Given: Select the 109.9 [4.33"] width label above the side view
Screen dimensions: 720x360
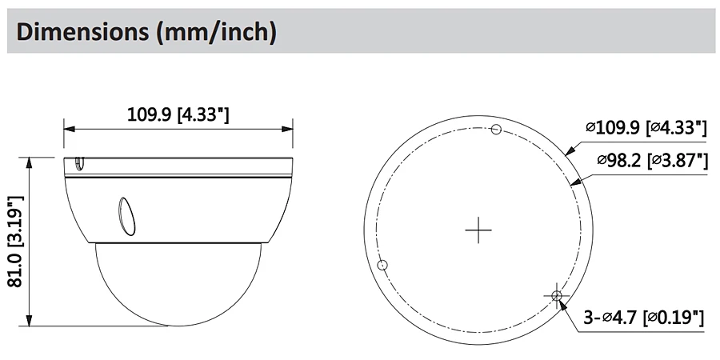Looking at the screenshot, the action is pos(178,114).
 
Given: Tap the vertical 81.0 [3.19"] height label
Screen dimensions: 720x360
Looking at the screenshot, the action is pos(16,242).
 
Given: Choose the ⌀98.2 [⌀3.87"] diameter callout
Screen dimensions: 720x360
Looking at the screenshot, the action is pos(652,160).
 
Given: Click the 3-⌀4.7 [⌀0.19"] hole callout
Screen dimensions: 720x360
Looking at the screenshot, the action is pos(643,318).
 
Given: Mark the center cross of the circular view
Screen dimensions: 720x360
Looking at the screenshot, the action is pos(478,230).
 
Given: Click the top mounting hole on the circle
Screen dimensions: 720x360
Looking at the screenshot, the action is pos(495,130).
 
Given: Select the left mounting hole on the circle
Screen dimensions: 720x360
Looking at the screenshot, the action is pos(382,265).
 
